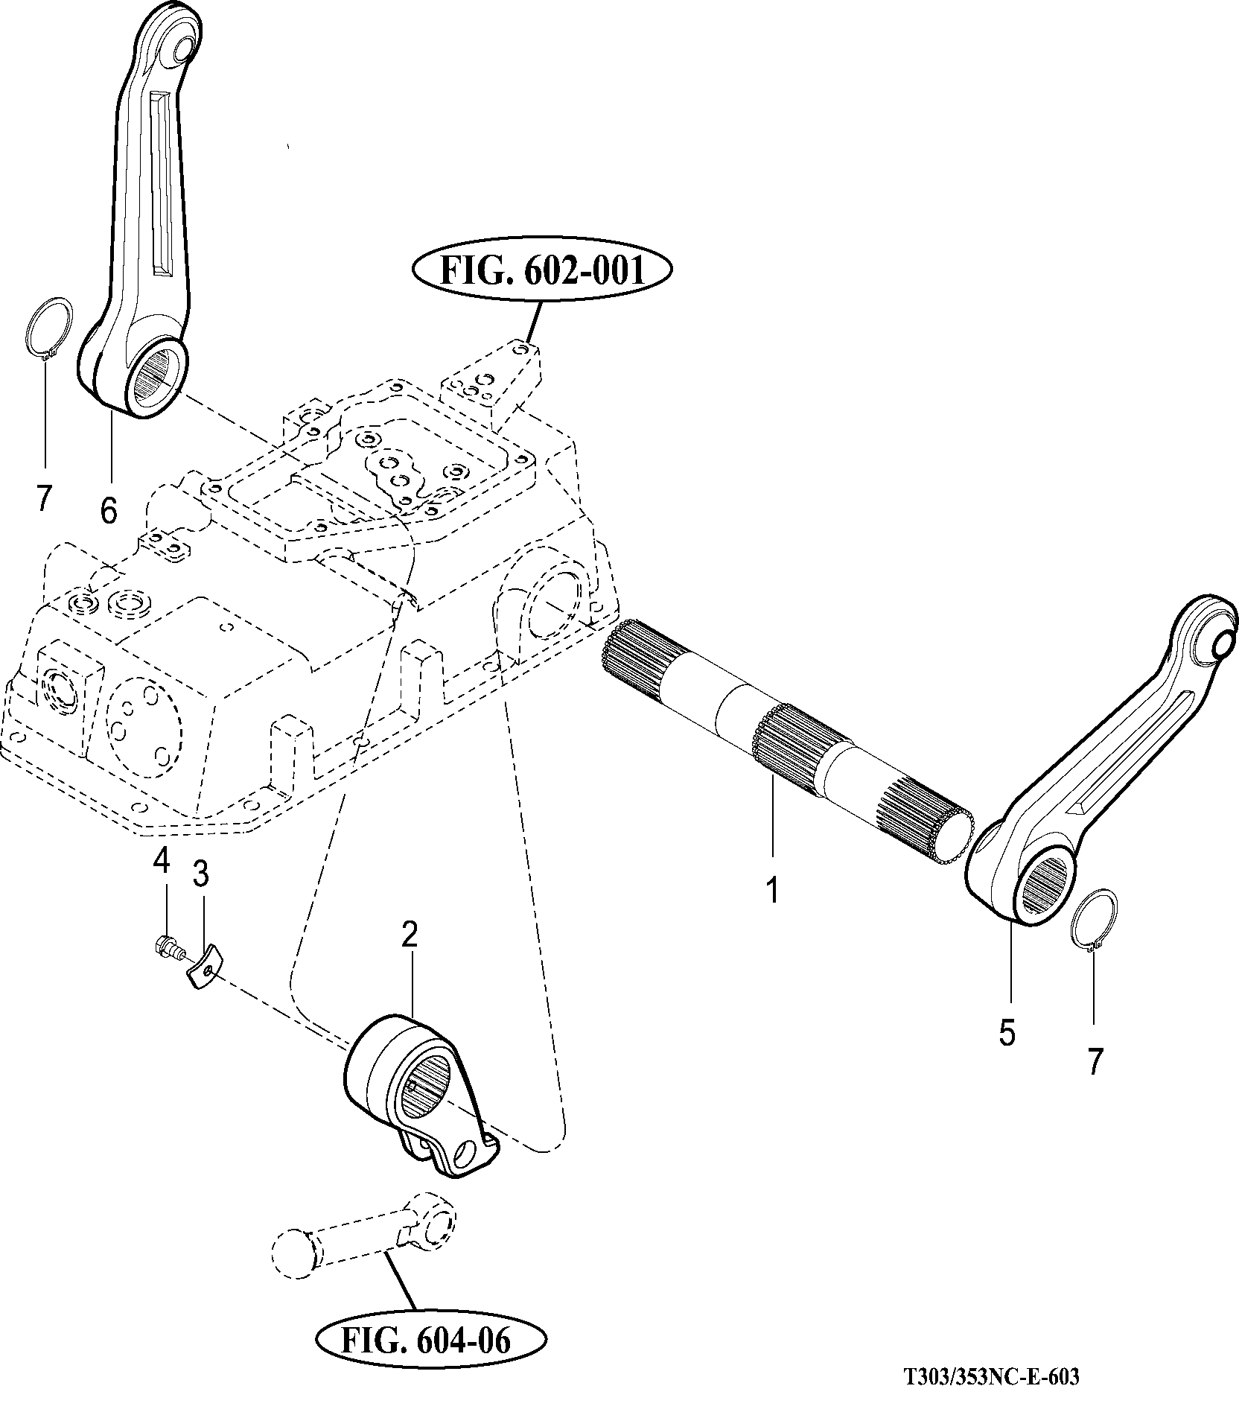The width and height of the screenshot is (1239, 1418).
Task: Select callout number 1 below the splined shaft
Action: tap(773, 890)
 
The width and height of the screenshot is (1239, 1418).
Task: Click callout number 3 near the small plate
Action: tap(200, 876)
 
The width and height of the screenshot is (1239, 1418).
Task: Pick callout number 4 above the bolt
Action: tap(162, 862)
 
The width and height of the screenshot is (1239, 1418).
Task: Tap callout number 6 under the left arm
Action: tap(109, 510)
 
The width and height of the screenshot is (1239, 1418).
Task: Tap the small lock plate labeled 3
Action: tap(203, 967)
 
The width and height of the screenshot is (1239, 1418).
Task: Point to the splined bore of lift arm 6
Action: tap(159, 380)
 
